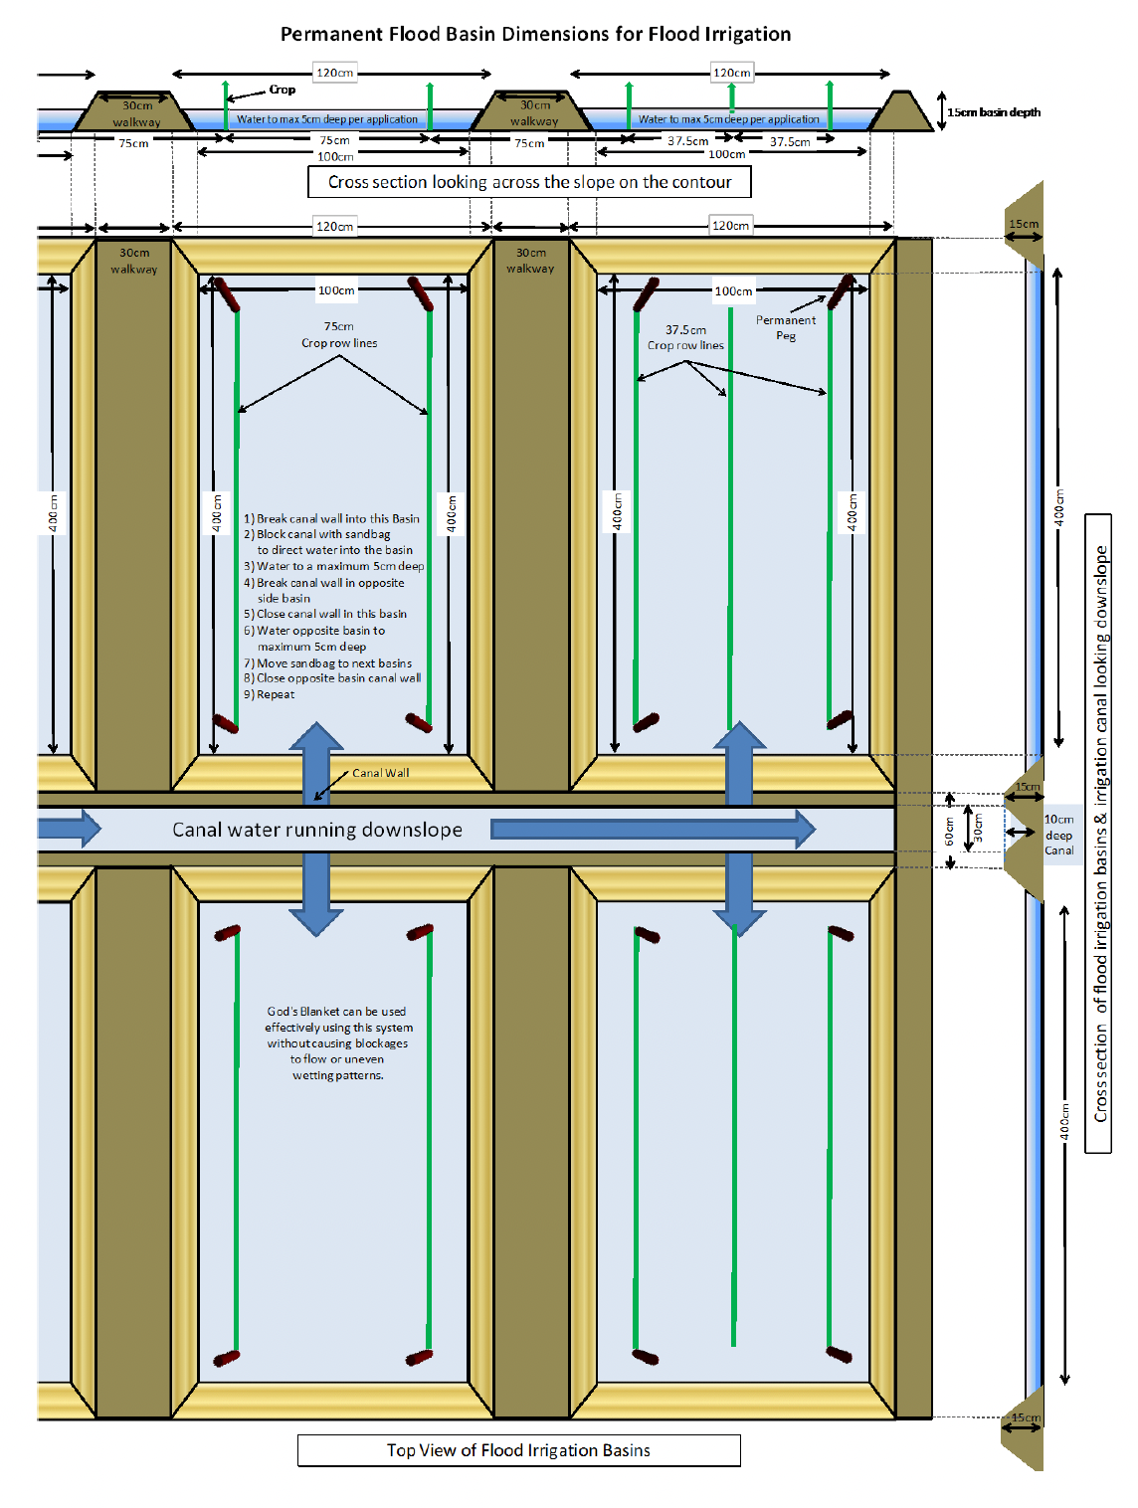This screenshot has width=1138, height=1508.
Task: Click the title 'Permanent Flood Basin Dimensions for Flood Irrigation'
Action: click(535, 35)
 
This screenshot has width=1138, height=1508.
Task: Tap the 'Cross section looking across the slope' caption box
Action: click(529, 182)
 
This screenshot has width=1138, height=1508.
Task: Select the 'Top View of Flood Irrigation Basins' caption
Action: click(518, 1449)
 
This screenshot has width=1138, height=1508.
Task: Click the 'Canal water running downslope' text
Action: click(316, 830)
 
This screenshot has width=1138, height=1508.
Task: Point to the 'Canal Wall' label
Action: click(380, 773)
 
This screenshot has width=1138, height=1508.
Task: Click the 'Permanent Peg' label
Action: click(786, 327)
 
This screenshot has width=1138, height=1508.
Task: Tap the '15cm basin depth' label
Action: click(993, 112)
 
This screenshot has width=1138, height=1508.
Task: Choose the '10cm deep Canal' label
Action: click(1058, 834)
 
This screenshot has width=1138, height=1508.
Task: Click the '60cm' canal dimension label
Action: click(949, 832)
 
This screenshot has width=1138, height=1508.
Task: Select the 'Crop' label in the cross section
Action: click(283, 90)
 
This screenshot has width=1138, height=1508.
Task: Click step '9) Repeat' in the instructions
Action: click(269, 694)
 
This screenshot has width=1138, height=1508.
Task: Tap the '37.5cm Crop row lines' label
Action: click(685, 337)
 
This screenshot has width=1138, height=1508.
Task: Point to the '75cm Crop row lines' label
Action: click(339, 334)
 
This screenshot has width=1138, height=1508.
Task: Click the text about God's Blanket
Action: click(338, 1042)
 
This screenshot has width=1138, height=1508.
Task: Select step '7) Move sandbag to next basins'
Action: click(327, 662)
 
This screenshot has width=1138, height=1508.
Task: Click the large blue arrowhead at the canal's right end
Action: click(805, 830)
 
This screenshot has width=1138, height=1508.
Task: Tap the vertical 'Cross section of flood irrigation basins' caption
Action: click(1100, 834)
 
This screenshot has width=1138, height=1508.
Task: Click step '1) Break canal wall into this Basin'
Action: click(331, 518)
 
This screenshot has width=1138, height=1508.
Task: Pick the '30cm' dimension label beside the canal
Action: click(978, 828)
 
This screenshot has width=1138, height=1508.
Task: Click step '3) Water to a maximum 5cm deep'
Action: click(334, 566)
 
